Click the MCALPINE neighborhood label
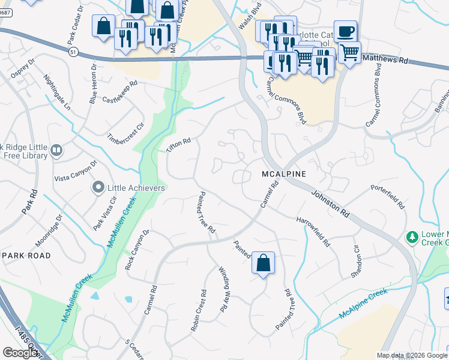(x=284, y=173)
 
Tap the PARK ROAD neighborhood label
(x=26, y=255)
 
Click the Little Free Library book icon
(x=57, y=150)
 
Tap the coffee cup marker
(x=345, y=31)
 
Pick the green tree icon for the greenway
(x=412, y=238)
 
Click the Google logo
(x=20, y=353)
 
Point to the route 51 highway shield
(x=73, y=53)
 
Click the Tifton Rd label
(x=178, y=145)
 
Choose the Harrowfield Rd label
(x=313, y=231)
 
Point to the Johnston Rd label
(x=330, y=204)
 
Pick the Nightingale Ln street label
(x=57, y=92)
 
